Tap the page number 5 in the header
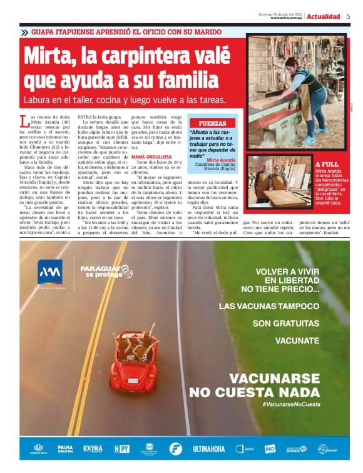click(348, 16)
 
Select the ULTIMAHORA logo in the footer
click(209, 449)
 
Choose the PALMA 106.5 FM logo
click(65, 449)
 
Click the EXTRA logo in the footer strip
click(93, 449)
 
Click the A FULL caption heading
click(327, 164)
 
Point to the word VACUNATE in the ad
click(298, 341)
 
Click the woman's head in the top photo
click(292, 64)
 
